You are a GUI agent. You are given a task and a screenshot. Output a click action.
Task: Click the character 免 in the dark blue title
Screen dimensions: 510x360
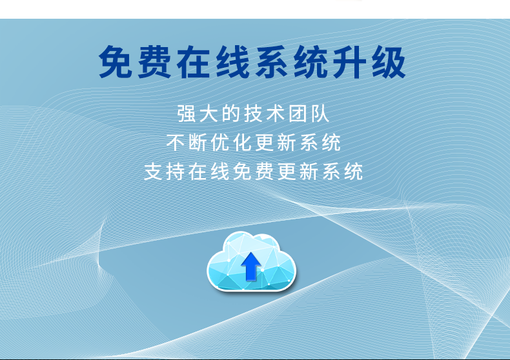(116, 62)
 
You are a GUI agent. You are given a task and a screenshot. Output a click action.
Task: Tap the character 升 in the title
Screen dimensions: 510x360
(350, 62)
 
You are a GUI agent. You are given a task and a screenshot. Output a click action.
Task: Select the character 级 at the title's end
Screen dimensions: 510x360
(389, 62)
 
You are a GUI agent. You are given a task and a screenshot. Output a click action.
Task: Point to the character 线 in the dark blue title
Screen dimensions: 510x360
(232, 62)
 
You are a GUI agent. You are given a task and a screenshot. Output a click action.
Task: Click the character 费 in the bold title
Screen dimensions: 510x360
(154, 62)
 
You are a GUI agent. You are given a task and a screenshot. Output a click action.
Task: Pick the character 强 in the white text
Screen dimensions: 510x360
(187, 114)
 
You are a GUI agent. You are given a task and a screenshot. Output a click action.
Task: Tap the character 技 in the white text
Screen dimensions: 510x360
(253, 114)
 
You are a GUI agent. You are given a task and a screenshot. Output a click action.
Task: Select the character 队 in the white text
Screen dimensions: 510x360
(320, 114)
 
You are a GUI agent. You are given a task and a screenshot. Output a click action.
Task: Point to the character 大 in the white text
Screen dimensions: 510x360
(209, 114)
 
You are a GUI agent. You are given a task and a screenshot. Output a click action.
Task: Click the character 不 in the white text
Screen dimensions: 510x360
(176, 143)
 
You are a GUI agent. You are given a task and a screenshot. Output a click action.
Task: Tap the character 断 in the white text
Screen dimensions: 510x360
(198, 143)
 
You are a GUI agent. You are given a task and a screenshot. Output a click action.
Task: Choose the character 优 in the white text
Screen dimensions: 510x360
(220, 143)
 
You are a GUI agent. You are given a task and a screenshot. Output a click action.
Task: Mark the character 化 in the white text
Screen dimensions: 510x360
(242, 143)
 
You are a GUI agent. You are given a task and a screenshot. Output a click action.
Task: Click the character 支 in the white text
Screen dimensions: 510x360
(153, 172)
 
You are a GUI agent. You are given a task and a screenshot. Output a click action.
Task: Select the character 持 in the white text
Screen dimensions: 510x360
(176, 172)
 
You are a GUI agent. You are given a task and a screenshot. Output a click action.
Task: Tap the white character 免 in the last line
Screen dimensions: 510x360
(242, 172)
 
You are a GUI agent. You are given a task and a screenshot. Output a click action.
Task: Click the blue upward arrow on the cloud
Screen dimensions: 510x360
(250, 266)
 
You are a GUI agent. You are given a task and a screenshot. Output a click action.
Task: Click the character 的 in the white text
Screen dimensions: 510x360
(231, 114)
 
